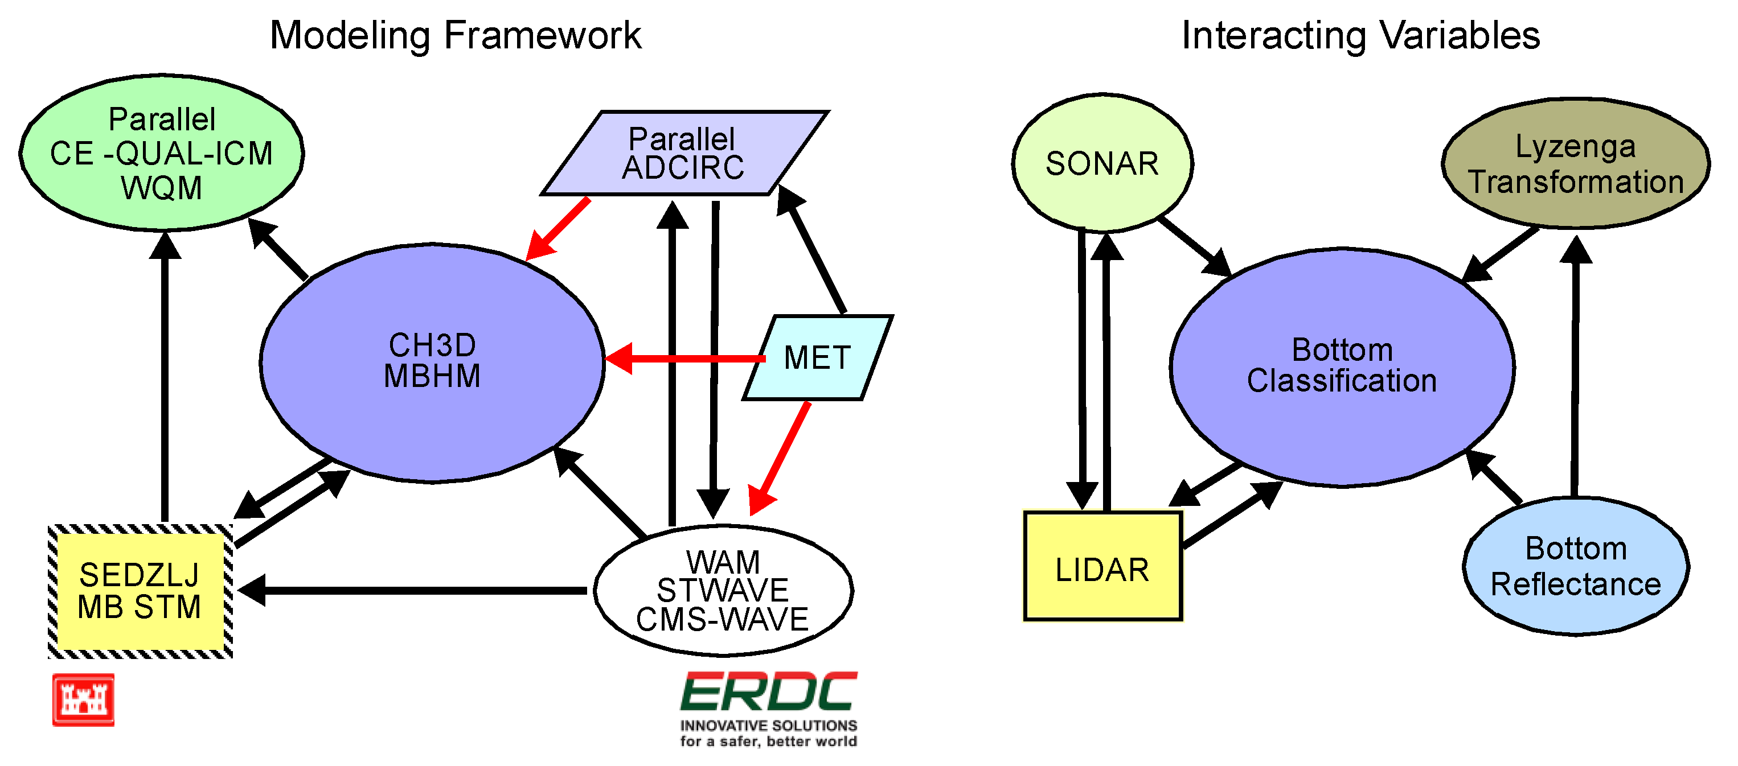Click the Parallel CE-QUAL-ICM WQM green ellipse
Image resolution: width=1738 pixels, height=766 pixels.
(x=161, y=154)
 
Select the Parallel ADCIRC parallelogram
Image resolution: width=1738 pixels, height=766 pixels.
(x=683, y=154)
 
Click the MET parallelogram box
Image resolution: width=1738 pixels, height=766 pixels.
(x=817, y=358)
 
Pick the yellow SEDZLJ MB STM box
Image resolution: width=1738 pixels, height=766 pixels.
(x=140, y=591)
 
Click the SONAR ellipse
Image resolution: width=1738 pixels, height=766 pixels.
(x=1102, y=164)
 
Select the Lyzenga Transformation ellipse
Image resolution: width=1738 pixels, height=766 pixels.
(x=1575, y=164)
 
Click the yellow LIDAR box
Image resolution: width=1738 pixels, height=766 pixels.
(x=1102, y=566)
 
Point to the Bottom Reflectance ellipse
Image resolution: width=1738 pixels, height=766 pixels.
(x=1575, y=566)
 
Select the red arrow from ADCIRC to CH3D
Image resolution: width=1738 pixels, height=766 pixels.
(x=559, y=228)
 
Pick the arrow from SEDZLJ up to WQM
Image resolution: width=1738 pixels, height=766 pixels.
(x=165, y=378)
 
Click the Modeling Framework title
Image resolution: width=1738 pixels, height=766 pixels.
(x=456, y=35)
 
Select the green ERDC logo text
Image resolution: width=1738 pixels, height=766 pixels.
(x=768, y=692)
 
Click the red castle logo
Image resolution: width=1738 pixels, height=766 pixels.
(x=84, y=699)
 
